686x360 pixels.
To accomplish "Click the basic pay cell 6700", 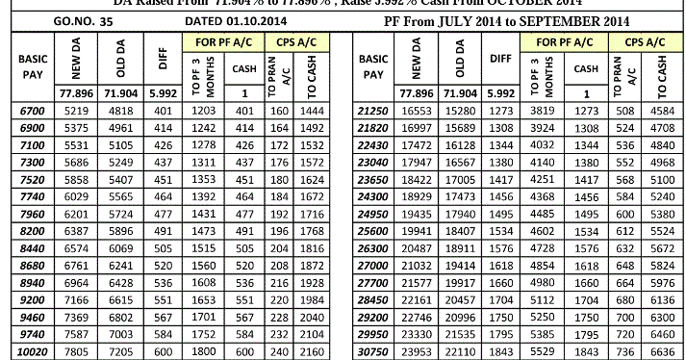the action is pos(32,113).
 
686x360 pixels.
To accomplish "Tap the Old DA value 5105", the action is pos(121,143).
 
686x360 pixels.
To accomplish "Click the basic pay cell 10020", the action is pos(32,352).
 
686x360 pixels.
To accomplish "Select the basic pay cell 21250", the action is pos(371,113).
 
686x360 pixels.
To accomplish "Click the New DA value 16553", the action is pos(419,113).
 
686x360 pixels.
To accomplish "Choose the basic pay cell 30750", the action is pos(371,352).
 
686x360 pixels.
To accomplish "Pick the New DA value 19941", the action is pos(419,232).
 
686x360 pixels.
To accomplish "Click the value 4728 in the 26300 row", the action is pos(544,247).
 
